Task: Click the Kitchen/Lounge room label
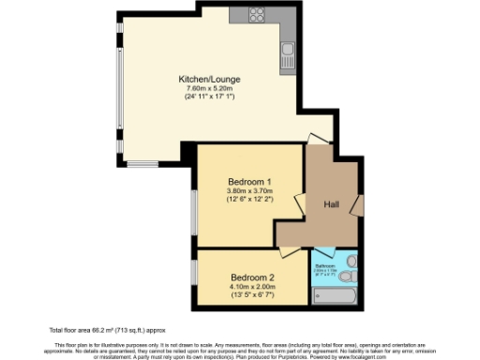coord(208,79)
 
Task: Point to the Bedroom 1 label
coord(249,182)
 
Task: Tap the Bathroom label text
coord(325,265)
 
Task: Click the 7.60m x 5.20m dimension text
coord(208,89)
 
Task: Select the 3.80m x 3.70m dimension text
coord(249,191)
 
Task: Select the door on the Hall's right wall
coord(356,203)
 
